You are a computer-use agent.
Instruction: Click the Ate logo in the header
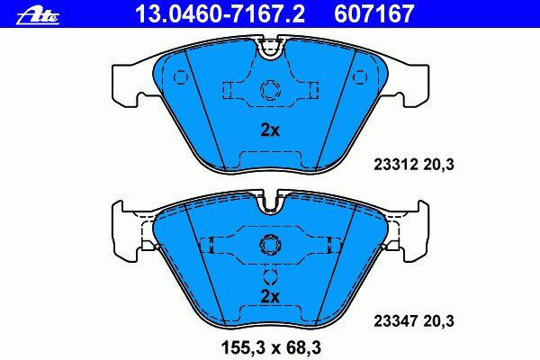click(x=38, y=16)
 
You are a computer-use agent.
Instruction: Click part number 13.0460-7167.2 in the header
click(x=220, y=13)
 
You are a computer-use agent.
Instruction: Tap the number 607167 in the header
click(x=374, y=13)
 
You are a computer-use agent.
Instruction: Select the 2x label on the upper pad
click(x=270, y=130)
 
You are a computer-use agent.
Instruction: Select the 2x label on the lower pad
click(x=270, y=296)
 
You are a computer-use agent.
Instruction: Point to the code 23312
click(x=396, y=165)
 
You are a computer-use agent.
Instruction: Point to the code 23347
click(x=396, y=321)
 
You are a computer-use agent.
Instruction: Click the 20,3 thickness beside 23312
click(x=439, y=165)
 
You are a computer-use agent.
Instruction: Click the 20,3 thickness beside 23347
click(x=439, y=322)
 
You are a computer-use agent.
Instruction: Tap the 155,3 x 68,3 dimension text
click(x=272, y=348)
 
